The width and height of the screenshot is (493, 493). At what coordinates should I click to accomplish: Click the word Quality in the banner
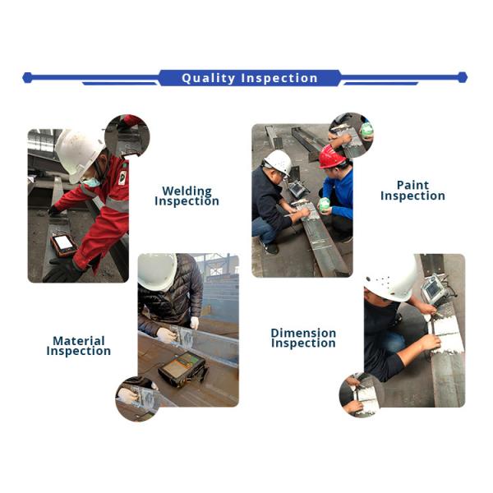[208, 78]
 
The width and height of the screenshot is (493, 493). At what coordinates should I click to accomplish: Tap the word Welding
[187, 191]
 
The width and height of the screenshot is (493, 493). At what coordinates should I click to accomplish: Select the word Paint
[412, 185]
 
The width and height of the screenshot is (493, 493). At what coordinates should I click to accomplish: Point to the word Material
[79, 340]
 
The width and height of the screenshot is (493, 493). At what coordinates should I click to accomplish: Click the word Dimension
[303, 333]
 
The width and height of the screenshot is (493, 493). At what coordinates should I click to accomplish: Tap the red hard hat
[332, 156]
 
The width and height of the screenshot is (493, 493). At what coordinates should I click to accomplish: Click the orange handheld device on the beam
[63, 245]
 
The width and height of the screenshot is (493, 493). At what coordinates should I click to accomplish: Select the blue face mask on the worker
[91, 182]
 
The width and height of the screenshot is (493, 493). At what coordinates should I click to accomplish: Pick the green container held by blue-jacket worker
[324, 205]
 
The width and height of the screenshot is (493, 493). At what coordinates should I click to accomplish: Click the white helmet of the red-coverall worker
[78, 154]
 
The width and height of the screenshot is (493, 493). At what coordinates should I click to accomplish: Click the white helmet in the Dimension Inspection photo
[392, 281]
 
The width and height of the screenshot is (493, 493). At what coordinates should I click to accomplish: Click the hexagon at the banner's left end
[27, 78]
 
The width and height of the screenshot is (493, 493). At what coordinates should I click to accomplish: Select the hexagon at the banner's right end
[462, 77]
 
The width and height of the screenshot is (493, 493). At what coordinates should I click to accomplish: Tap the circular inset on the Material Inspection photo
[138, 399]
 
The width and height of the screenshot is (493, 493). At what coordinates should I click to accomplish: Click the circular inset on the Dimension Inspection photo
[362, 395]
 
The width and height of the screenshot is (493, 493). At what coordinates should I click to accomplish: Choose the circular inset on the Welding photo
[127, 137]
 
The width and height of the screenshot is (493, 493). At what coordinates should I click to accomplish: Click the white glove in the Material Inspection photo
[166, 335]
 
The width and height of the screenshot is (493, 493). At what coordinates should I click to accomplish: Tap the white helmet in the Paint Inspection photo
[279, 162]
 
